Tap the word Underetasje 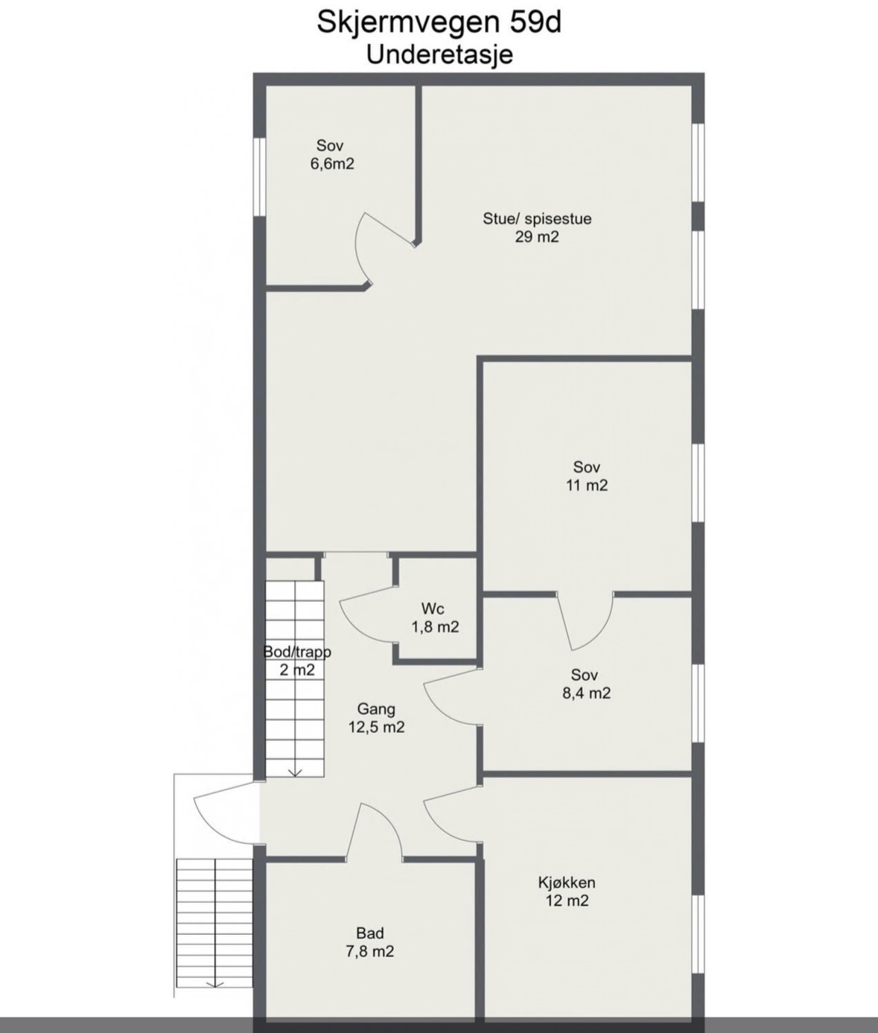click(440, 55)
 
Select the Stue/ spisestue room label click(537, 218)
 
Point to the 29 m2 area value click(537, 236)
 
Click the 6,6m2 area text click(332, 164)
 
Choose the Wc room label click(433, 608)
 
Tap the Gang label click(376, 709)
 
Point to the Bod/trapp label click(297, 652)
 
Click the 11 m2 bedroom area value click(587, 486)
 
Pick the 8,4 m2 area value click(587, 693)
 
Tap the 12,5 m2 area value click(376, 727)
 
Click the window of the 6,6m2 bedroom click(259, 177)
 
